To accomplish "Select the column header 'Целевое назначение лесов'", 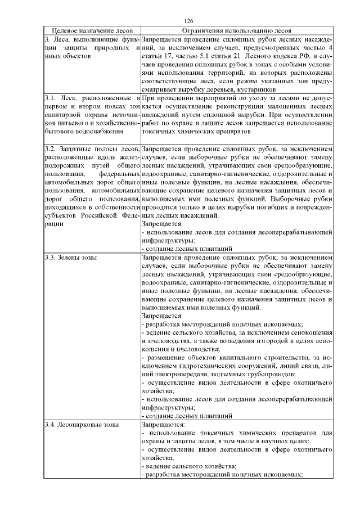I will click(x=92, y=31).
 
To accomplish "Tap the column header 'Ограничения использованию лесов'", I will click(x=237, y=31).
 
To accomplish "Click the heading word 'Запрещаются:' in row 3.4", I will click(x=161, y=425).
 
